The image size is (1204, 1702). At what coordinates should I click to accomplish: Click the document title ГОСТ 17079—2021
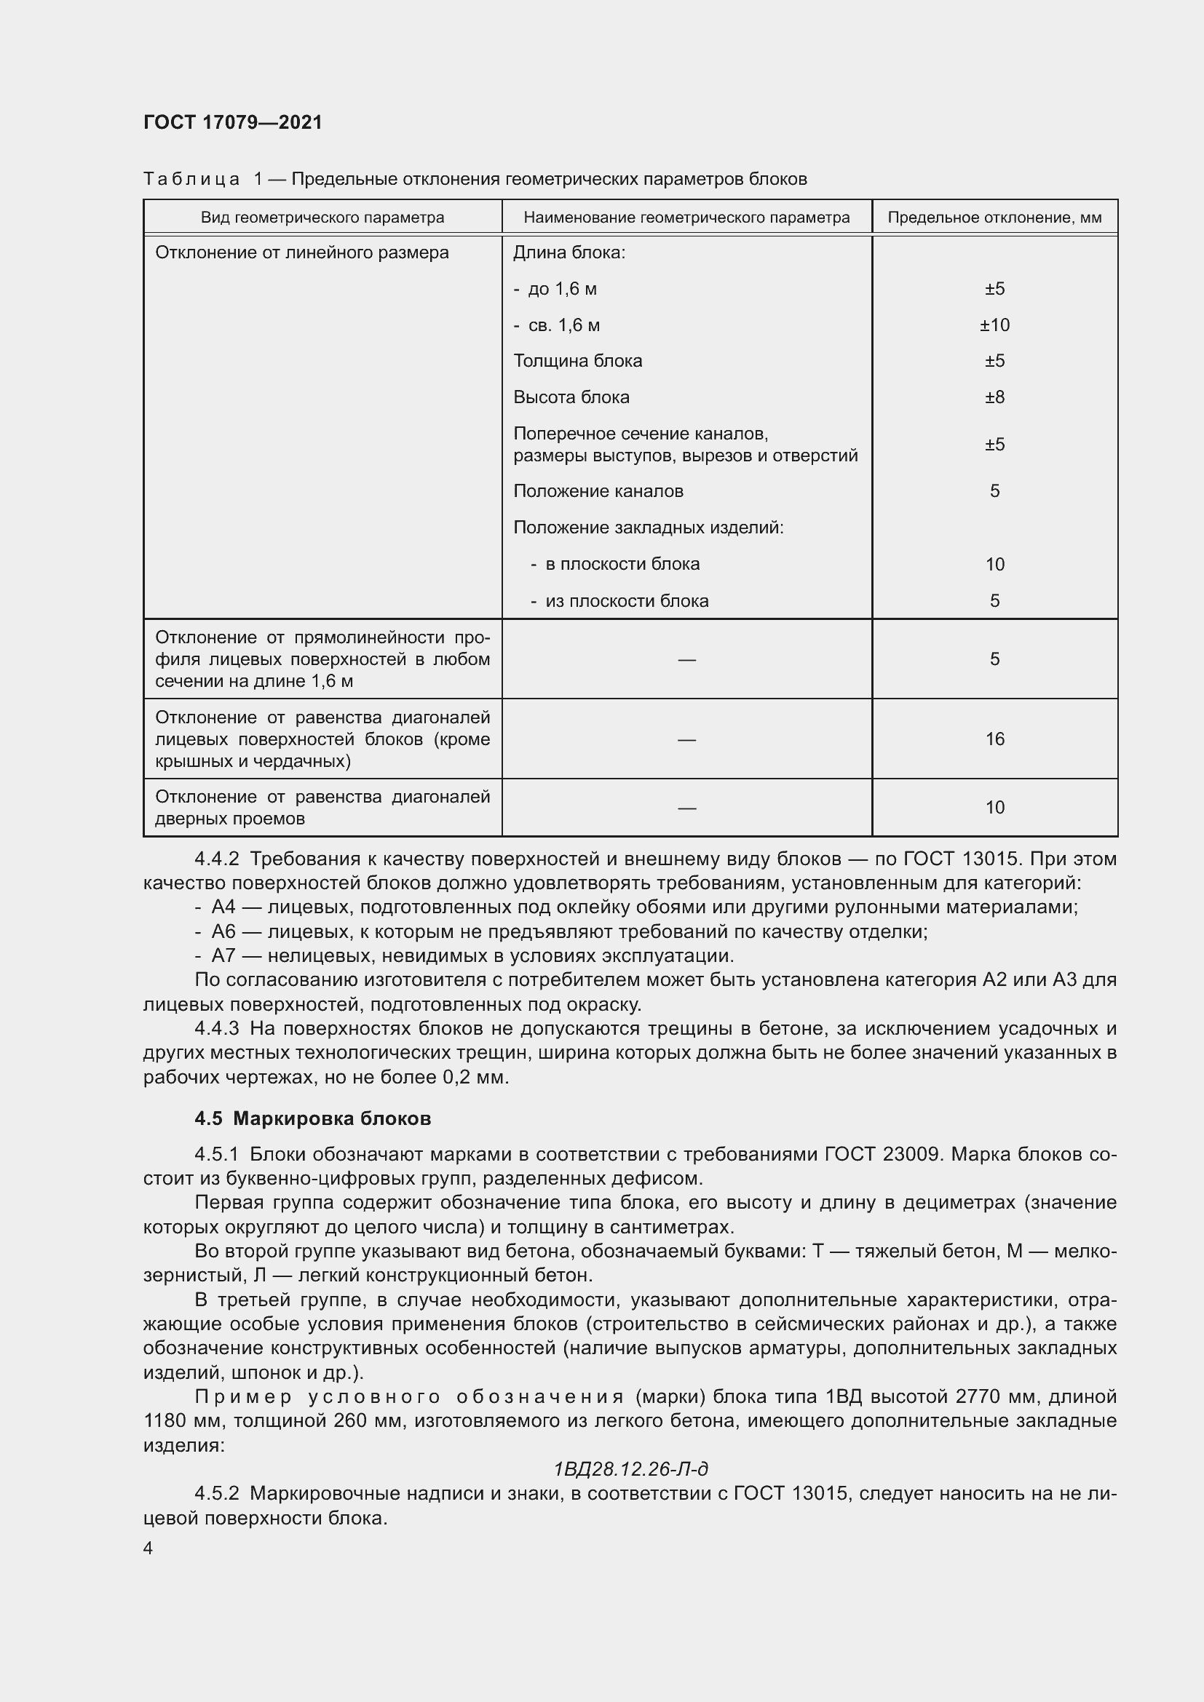click(x=233, y=122)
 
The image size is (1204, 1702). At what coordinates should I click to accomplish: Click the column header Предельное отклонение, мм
click(x=994, y=217)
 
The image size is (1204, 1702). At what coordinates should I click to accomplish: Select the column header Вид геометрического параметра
click(x=322, y=217)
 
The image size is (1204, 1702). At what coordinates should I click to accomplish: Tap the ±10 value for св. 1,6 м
click(x=994, y=325)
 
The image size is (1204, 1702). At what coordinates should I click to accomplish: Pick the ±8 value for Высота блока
click(x=994, y=397)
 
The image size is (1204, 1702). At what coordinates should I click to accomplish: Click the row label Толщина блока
click(x=577, y=361)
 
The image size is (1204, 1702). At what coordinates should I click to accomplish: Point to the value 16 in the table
click(x=994, y=739)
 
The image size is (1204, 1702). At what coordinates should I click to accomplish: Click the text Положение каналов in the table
click(x=598, y=490)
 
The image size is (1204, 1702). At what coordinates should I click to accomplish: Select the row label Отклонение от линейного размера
click(x=302, y=252)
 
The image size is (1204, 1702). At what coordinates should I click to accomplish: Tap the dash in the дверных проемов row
click(x=686, y=807)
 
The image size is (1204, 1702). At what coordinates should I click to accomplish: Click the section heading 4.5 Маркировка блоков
click(x=313, y=1118)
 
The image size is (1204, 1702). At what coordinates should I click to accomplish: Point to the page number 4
click(x=148, y=1548)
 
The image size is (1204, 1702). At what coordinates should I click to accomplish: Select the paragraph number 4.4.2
click(x=216, y=859)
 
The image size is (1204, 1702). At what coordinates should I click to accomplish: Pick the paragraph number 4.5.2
click(x=216, y=1493)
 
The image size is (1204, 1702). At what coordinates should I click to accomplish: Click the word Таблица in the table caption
click(x=191, y=180)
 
